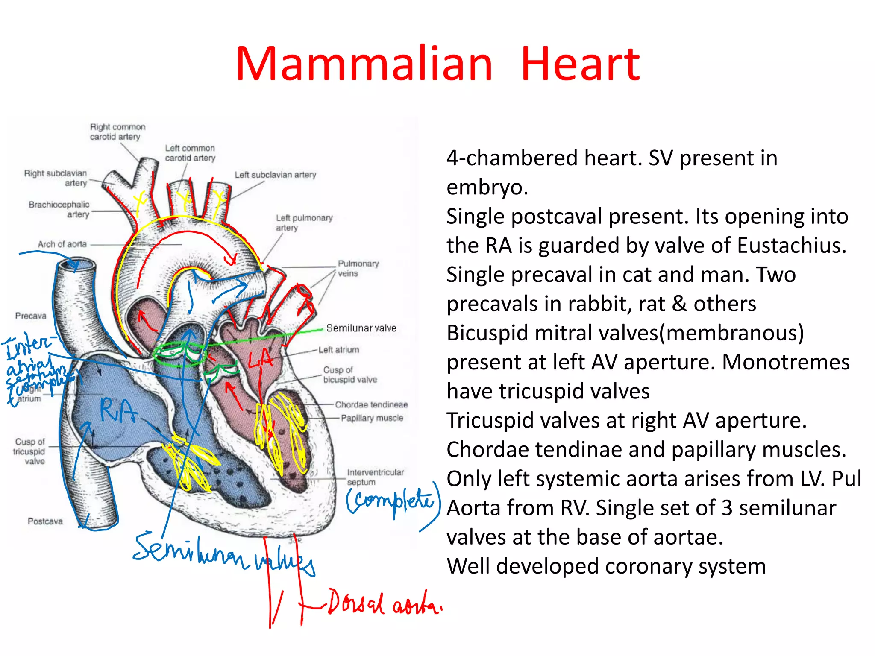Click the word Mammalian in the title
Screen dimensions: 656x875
click(364, 64)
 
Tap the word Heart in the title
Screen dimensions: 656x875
click(580, 64)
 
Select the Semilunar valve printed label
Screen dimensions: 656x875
click(361, 328)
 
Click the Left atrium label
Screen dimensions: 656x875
click(338, 350)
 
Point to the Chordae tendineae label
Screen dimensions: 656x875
click(371, 404)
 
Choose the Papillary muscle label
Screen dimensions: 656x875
click(372, 418)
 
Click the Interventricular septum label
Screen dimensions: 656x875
click(375, 477)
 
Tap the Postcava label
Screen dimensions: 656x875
click(45, 521)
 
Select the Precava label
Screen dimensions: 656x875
click(30, 316)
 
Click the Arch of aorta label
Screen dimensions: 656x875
click(62, 244)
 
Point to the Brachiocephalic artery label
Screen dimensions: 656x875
click(59, 209)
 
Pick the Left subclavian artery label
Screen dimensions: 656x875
click(275, 175)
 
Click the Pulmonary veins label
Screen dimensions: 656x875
click(358, 268)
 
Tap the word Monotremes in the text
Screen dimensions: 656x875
click(786, 362)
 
